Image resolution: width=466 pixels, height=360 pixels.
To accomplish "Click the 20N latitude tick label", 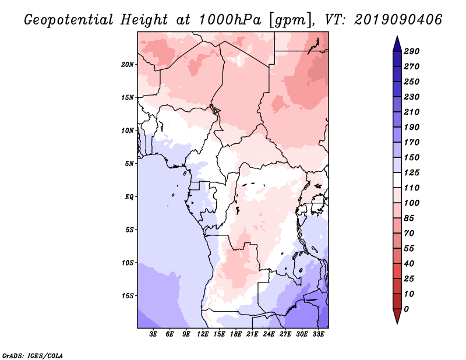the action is coord(128,65).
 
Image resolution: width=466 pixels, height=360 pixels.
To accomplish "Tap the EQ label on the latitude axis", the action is coord(129,197).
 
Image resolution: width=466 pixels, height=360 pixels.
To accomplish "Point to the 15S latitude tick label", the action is coord(128,296).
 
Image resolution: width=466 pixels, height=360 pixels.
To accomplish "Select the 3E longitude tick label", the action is coord(153,334).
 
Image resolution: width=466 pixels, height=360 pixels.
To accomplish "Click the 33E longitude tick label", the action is coord(318,334).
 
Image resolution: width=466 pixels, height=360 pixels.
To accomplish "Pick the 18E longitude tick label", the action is coord(236,334).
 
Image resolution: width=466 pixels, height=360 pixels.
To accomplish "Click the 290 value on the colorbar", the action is coord(412,51).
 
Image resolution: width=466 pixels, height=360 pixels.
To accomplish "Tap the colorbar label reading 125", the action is coord(412,172).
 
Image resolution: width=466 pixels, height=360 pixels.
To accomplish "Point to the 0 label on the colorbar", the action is coord(406,309).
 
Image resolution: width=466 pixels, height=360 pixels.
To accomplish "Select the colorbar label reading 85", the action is coord(409,218).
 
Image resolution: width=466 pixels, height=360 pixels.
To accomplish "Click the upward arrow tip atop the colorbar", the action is coord(397,36).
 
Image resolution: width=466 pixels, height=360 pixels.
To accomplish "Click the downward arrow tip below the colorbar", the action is coord(397,323).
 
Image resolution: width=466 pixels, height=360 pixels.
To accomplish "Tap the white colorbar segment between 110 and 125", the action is coord(397,180).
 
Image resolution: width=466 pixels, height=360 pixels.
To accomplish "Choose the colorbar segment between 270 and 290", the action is coord(397,59).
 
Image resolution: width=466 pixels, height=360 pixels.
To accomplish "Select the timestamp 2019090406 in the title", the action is coord(398,20).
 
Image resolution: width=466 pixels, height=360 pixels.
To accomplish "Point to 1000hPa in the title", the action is coord(230,20).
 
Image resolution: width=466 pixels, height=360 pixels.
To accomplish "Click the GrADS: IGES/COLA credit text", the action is coord(33,355).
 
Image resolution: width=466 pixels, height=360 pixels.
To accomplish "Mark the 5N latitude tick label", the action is coord(129,164).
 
